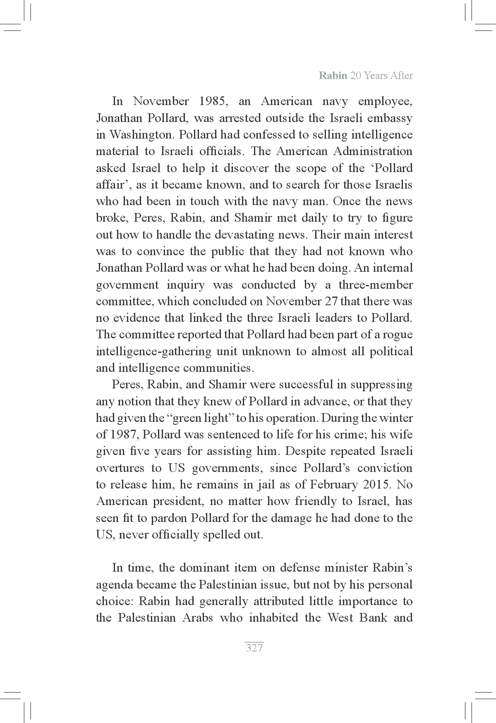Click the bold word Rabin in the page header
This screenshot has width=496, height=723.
pos(333,76)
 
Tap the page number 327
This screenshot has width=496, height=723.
pos(254,648)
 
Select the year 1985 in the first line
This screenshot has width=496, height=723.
pos(212,101)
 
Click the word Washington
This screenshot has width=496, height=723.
pos(140,135)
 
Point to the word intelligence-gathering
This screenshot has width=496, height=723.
pos(153,352)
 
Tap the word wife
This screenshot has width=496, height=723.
pos(402,435)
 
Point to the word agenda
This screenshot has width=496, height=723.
pos(114,585)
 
